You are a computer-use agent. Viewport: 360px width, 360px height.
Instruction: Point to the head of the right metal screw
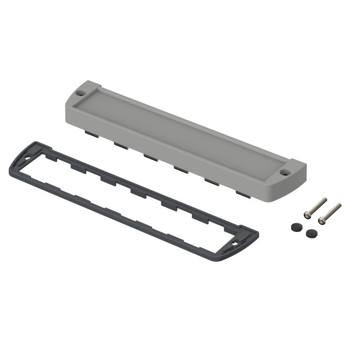click(x=322, y=221)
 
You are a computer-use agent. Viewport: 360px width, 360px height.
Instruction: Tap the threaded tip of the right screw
click(x=338, y=205)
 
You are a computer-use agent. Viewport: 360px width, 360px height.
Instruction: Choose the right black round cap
click(x=310, y=233)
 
